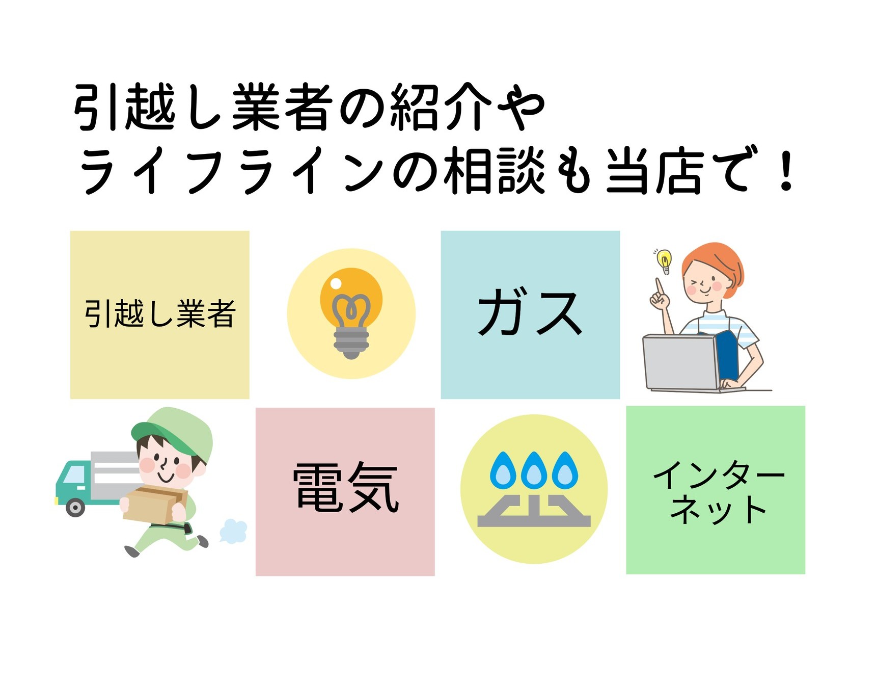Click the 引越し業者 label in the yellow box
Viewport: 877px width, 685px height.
point(159,314)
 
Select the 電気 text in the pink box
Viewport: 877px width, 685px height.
point(345,488)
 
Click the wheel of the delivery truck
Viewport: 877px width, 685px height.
point(75,507)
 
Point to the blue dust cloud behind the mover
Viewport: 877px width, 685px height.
point(234,531)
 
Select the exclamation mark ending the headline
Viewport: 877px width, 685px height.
point(786,171)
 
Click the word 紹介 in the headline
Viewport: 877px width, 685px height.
point(441,107)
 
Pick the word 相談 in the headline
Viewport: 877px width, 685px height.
point(494,171)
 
